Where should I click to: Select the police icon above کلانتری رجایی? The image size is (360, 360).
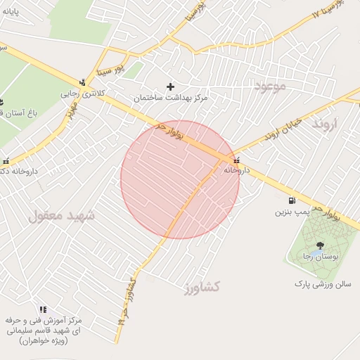pyautogui.click(x=83, y=82)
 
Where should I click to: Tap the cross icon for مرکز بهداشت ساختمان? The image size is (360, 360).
pyautogui.click(x=170, y=87)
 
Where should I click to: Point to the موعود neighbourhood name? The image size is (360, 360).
pyautogui.click(x=269, y=87)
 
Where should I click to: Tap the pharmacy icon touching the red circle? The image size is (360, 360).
pyautogui.click(x=236, y=160)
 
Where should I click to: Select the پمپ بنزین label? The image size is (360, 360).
pyautogui.click(x=291, y=211)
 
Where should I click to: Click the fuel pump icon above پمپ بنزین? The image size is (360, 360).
pyautogui.click(x=292, y=200)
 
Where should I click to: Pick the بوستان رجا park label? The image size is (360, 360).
pyautogui.click(x=321, y=257)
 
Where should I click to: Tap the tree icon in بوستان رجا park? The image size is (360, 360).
pyautogui.click(x=321, y=245)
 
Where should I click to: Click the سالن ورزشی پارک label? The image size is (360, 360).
pyautogui.click(x=322, y=284)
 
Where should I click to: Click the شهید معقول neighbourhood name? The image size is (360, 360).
pyautogui.click(x=61, y=216)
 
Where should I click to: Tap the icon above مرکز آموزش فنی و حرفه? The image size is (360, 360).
pyautogui.click(x=44, y=309)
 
